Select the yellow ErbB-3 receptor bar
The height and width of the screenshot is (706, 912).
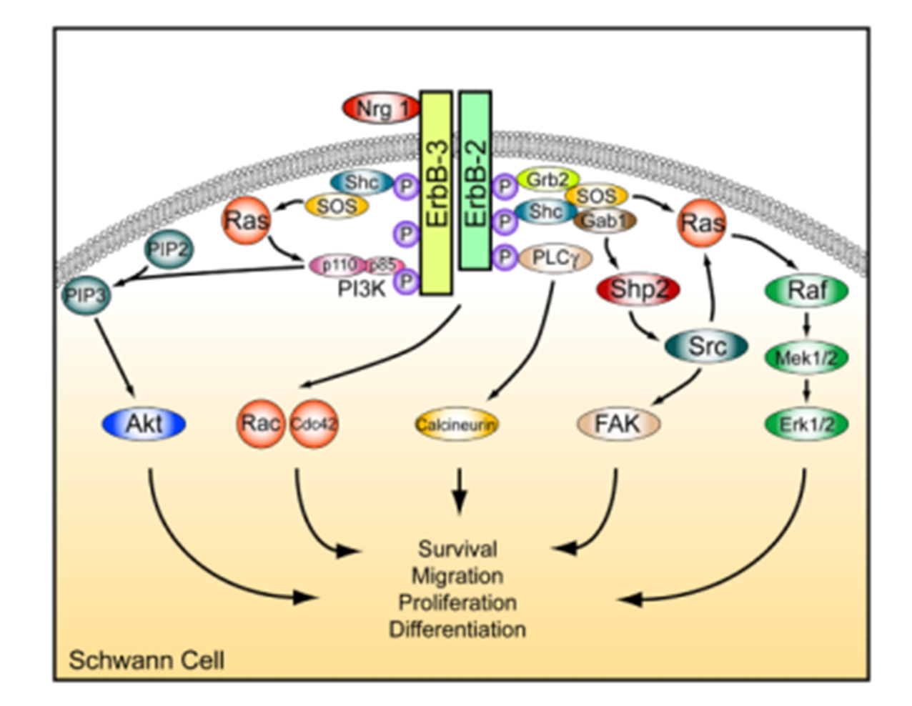point(436,192)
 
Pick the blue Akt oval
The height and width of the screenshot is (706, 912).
point(144,424)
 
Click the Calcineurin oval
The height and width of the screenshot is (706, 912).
point(456,424)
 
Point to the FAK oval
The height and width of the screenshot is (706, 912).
point(618,424)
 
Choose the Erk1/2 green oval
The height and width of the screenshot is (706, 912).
point(806,424)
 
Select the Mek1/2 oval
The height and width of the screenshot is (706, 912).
point(806,357)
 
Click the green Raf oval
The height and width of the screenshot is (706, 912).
point(806,291)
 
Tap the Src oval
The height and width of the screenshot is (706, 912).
point(706,347)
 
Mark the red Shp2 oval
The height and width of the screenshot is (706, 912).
point(638,289)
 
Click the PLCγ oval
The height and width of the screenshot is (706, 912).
point(555,257)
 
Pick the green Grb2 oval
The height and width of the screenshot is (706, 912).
point(547,180)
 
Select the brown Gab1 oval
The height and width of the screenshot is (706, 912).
point(604,222)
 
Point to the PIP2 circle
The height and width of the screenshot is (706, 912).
point(169,249)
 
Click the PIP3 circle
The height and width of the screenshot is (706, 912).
point(86,295)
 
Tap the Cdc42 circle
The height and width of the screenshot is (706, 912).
point(313,424)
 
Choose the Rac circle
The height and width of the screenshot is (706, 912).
point(260,423)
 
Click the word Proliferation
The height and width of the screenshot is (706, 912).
point(457,602)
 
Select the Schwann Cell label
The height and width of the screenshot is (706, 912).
point(146,660)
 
